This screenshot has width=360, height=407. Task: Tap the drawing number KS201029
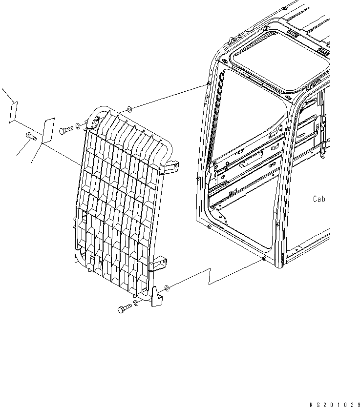click(x=333, y=404)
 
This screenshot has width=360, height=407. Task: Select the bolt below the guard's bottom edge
click(x=124, y=308)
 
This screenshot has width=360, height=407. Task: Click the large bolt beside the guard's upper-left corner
click(x=66, y=130)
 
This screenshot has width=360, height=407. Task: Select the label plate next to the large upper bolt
click(x=48, y=131)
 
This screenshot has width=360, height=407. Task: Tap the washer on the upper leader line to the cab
click(x=128, y=108)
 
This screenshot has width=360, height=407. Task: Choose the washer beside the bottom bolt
click(x=136, y=304)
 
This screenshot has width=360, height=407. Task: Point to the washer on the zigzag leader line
click(x=168, y=288)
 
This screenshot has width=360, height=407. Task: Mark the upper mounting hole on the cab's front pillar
click(x=209, y=84)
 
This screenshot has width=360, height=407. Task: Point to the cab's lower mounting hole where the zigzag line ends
click(x=264, y=259)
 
